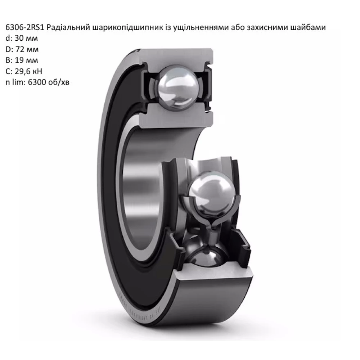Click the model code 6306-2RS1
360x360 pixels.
(24, 27)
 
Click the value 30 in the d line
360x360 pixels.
(18, 38)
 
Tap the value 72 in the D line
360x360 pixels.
(19, 49)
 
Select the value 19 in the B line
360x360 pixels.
(18, 60)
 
